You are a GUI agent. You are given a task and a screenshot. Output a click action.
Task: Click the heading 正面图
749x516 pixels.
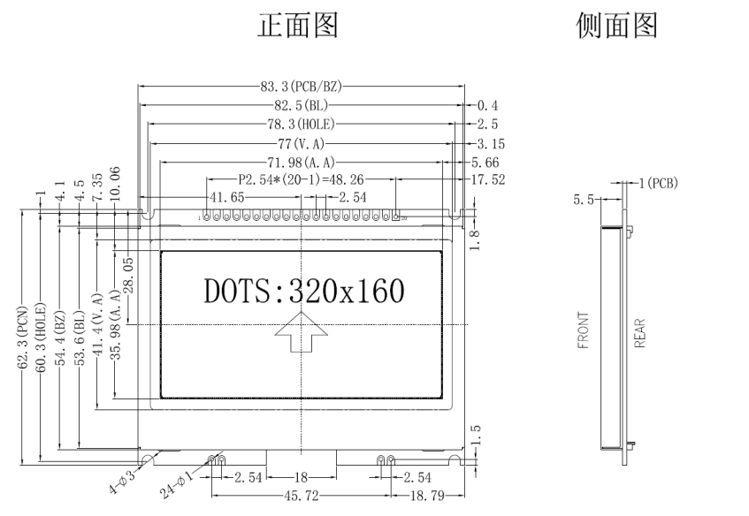tap(296, 27)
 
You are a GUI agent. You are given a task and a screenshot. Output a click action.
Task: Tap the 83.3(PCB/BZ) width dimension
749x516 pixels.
tap(301, 87)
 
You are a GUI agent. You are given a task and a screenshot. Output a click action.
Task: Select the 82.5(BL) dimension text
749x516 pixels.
tap(301, 105)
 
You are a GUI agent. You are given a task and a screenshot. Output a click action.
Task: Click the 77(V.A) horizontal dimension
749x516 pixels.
tap(301, 143)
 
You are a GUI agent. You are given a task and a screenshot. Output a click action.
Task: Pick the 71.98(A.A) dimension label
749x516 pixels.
tap(301, 163)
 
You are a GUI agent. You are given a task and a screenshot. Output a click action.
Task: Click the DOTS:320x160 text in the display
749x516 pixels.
tap(303, 289)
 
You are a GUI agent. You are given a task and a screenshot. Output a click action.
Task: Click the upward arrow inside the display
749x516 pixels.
tap(302, 337)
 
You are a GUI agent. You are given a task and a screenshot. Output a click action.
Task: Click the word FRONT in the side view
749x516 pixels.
tap(584, 330)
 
